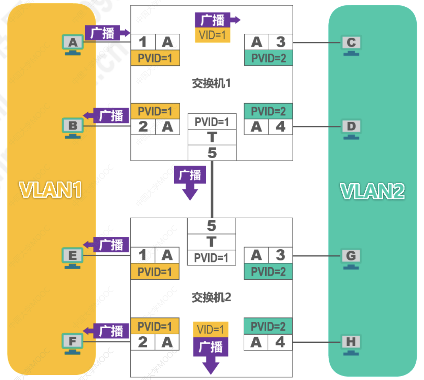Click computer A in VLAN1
(73, 44)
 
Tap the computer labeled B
(73, 128)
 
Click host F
(72, 343)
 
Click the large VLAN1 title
(50, 190)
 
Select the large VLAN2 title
(372, 191)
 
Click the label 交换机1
(211, 84)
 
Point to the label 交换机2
(211, 297)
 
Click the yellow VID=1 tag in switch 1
(212, 35)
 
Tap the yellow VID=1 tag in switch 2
(211, 330)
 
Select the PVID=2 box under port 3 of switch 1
(268, 58)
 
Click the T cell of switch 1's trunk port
(212, 137)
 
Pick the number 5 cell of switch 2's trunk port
(211, 226)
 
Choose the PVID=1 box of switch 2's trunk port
(211, 258)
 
